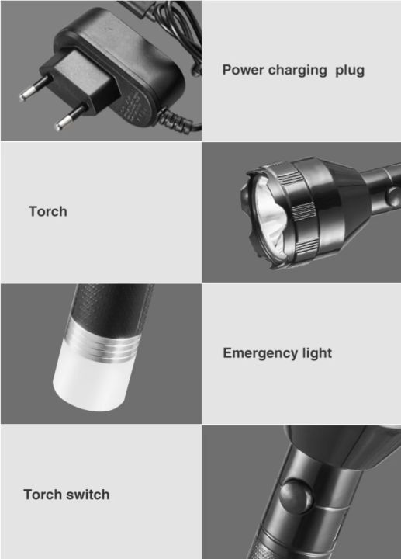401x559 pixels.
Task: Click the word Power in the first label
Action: click(x=242, y=70)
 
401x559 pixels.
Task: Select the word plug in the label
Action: click(x=350, y=71)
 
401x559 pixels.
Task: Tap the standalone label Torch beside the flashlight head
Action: click(x=48, y=211)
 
